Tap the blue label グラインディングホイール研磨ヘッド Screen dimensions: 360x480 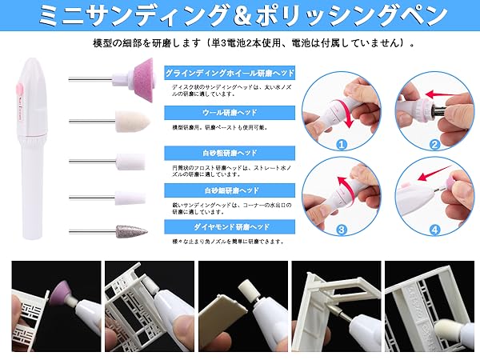230,73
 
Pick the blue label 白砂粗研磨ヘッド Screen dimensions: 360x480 200,150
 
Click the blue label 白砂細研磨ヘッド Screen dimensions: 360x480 200,190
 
